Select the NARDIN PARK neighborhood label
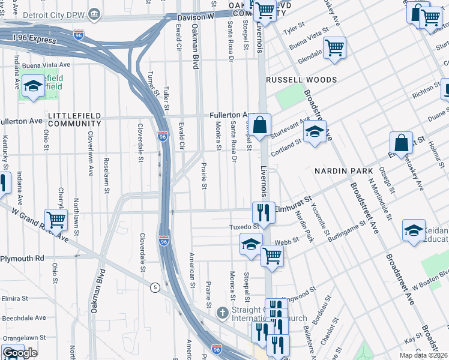[x=340, y=171]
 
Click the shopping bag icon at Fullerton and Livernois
[x=261, y=126]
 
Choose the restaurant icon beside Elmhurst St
[x=263, y=212]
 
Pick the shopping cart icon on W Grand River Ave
[x=56, y=220]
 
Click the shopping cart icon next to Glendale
[x=334, y=47]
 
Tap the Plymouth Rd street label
[x=22, y=258]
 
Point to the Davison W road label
[x=196, y=17]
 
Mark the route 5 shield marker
[x=155, y=287]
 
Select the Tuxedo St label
[x=244, y=227]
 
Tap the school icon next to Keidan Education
[x=414, y=230]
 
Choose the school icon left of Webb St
[x=250, y=244]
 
